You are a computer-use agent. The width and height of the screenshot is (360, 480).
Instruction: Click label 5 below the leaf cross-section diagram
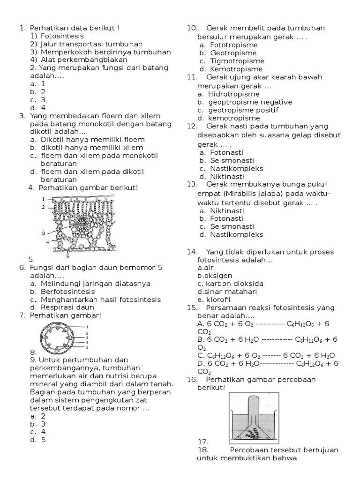click(68, 256)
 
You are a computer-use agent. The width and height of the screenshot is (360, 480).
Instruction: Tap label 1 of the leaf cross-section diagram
click(44, 199)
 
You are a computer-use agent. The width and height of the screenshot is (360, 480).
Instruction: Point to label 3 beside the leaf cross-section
click(43, 233)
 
